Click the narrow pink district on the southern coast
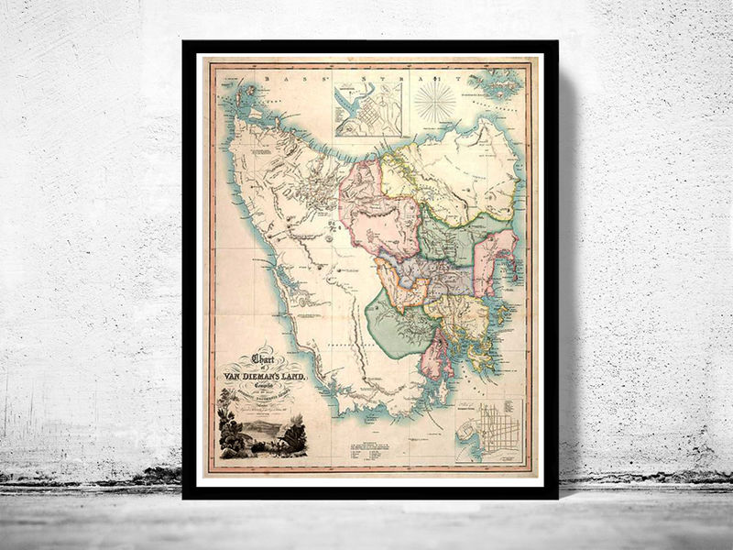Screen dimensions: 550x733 tap(433, 353)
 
